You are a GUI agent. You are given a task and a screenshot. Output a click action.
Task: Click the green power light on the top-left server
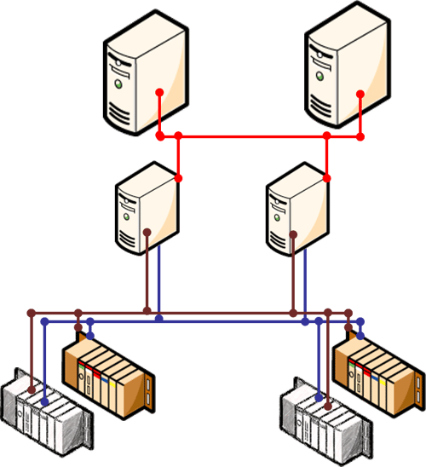point(121,85)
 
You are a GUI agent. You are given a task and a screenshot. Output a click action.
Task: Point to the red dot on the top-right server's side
point(360,93)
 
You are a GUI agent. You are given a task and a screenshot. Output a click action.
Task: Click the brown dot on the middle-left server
point(147,231)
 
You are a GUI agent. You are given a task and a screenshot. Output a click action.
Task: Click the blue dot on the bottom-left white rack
point(44,398)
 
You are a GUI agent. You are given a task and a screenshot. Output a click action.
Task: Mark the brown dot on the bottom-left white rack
point(32,391)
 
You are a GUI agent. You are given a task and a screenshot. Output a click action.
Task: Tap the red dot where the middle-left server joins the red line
point(179,178)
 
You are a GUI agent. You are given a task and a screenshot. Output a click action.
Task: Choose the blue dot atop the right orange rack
point(361,322)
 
